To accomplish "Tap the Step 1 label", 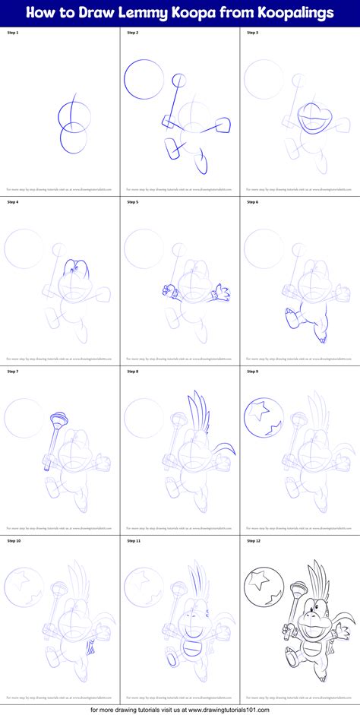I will (x=13, y=33).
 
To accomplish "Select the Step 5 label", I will (x=133, y=202).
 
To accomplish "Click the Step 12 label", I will (x=254, y=541).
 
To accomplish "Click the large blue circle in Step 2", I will (x=140, y=78).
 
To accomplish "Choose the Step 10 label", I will (x=14, y=541).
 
